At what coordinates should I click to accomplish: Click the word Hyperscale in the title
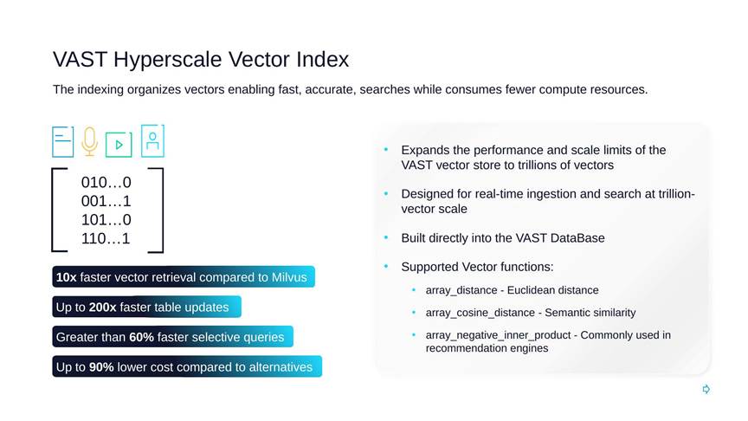(x=167, y=60)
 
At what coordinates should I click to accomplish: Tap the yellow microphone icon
(x=89, y=141)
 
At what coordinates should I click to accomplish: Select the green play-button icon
(x=119, y=144)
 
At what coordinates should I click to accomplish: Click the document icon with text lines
(x=63, y=142)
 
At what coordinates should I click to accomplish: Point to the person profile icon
(x=152, y=141)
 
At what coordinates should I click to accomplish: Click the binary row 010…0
(x=106, y=182)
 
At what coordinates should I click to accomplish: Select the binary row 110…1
(x=106, y=238)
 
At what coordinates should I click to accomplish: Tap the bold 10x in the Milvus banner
(x=67, y=277)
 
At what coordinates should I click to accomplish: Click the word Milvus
(x=289, y=277)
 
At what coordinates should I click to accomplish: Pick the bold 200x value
(x=102, y=308)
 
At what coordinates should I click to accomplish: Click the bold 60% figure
(x=142, y=337)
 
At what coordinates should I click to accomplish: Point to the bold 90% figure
(x=101, y=367)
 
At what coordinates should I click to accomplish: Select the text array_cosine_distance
(x=480, y=313)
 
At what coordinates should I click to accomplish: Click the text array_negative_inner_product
(x=498, y=335)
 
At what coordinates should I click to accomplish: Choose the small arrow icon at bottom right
(x=706, y=390)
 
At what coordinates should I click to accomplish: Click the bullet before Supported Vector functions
(x=386, y=266)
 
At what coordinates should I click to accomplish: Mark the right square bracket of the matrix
(x=162, y=210)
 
